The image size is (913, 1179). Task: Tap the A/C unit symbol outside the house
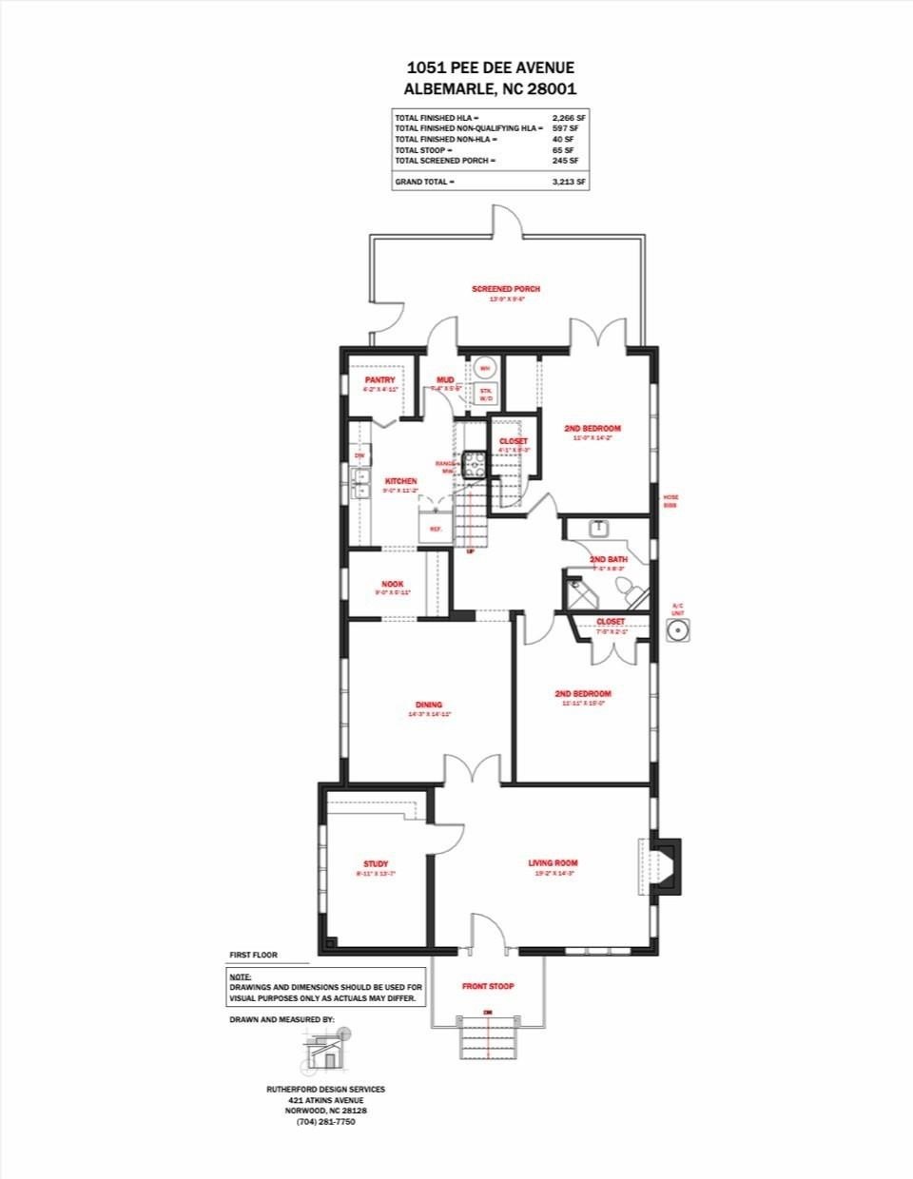677,629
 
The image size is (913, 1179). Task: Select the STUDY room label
376,863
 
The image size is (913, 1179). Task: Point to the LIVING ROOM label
553,862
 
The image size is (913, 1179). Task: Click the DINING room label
428,705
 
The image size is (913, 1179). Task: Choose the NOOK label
392,584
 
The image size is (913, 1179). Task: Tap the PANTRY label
379,379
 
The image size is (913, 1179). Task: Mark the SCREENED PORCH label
506,288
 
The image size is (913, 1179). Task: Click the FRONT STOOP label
488,986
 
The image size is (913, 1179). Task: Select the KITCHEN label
400,481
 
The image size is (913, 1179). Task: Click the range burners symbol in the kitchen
475,464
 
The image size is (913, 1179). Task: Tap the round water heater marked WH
484,367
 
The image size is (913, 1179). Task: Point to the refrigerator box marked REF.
436,528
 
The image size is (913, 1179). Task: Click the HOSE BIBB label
670,501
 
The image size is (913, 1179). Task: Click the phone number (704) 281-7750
326,1121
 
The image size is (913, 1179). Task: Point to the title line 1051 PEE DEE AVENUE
491,67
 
